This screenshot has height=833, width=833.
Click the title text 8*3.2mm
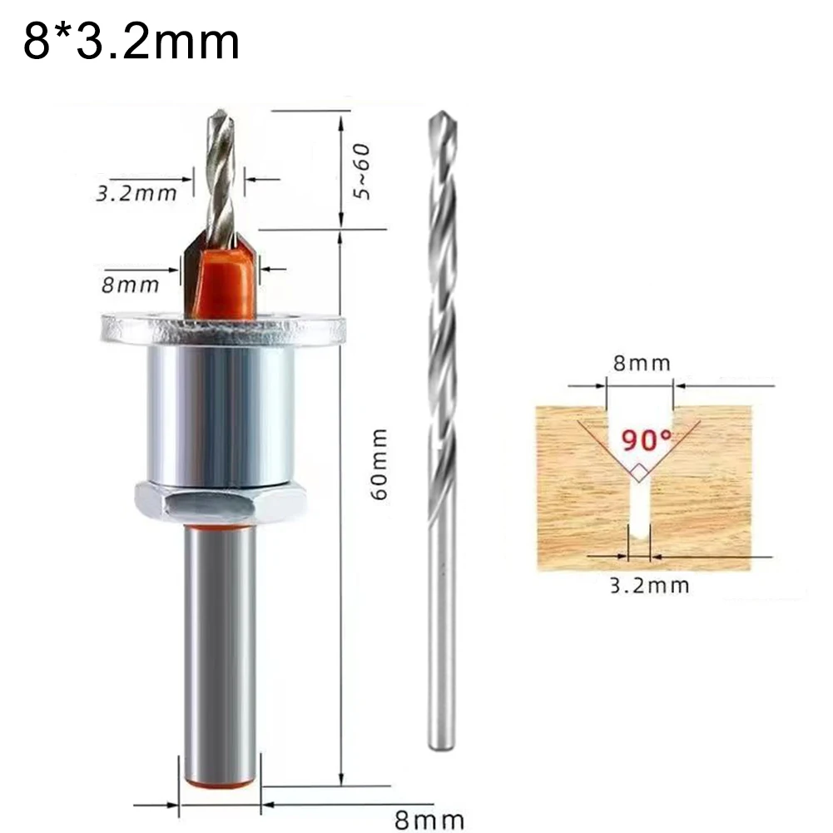click(131, 42)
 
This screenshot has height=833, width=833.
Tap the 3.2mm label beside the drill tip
click(136, 194)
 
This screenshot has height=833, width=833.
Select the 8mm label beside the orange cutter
click(130, 285)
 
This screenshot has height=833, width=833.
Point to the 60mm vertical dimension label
click(379, 464)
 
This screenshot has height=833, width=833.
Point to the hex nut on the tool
click(221, 503)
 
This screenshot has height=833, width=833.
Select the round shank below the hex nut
click(221, 641)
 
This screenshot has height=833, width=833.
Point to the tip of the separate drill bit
click(440, 121)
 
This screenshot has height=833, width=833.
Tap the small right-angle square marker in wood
click(638, 473)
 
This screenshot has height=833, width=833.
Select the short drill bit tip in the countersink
click(221, 175)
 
